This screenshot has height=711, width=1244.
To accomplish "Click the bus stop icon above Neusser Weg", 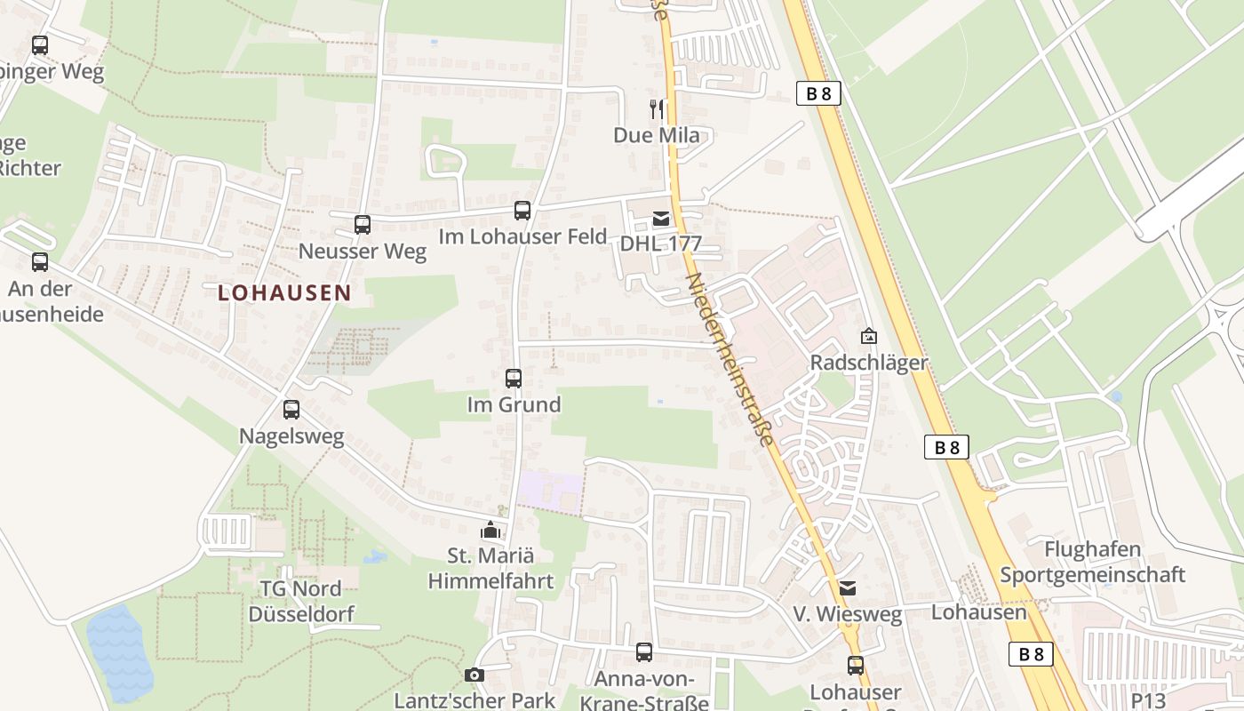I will point(363,225).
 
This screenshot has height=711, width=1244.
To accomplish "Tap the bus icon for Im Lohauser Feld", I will point(522,211).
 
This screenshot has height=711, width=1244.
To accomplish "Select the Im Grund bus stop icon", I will point(514,379).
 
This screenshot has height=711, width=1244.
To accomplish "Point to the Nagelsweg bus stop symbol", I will point(291,410).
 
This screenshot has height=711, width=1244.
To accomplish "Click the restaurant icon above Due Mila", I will point(657,109).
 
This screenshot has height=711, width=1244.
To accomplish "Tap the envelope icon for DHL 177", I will point(661,219).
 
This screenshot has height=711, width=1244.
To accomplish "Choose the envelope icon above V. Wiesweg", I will point(848,588).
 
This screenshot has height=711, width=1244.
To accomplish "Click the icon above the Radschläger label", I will point(869,336).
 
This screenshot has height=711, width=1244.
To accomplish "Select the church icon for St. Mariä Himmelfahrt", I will point(490,531).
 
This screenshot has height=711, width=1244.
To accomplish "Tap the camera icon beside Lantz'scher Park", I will point(474,675).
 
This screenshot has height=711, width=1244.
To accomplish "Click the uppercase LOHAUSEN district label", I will point(284,292).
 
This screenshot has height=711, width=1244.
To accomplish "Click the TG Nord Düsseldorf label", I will point(301,601).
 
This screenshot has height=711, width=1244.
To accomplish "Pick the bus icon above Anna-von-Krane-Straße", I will point(644,652).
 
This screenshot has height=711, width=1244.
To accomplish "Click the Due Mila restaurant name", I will point(657,135).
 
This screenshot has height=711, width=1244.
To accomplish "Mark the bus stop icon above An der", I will point(40,262).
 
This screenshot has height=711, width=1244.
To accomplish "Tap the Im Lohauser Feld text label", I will point(522,236).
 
